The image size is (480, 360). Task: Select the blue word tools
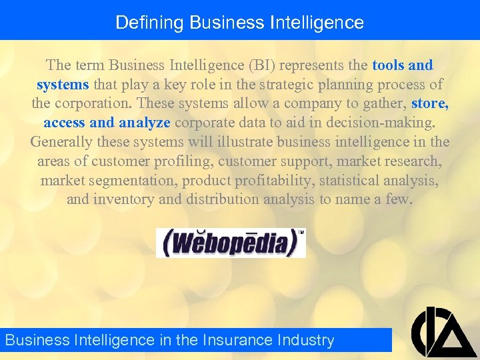(x=389, y=65)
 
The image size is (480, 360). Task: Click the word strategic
(x=273, y=85)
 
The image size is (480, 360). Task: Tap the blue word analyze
(x=145, y=123)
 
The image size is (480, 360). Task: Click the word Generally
(x=61, y=143)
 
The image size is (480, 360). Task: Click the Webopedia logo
(x=231, y=243)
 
